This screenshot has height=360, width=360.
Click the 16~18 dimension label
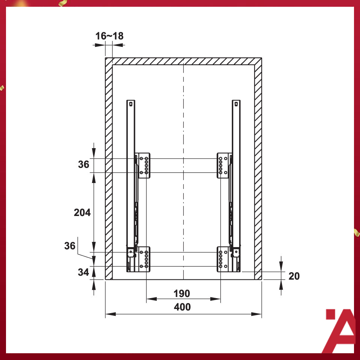coord(109,36)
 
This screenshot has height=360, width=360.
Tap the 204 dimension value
coord(82,213)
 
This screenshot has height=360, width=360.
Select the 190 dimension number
coord(181,294)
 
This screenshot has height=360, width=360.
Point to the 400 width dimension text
coord(182,307)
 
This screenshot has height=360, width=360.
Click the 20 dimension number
coord(294,276)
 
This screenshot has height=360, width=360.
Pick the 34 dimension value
coord(83,272)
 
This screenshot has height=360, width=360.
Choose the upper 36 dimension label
coord(84,164)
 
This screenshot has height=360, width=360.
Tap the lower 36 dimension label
coord(70,246)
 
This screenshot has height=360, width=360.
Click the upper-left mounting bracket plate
coord(142,165)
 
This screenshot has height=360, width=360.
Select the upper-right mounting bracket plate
coord(224,165)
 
